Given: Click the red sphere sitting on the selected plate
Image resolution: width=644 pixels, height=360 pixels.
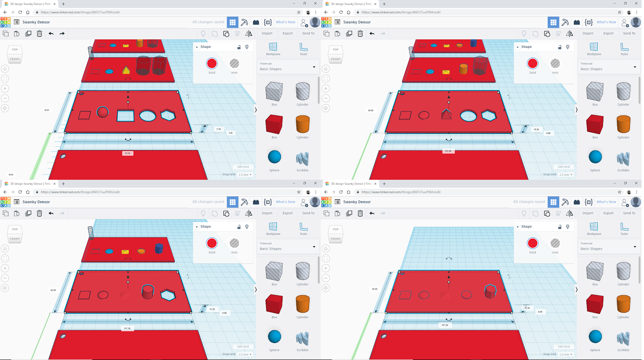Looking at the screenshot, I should tap(103, 112).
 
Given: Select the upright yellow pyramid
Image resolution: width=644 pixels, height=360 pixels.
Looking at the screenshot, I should tap(126, 70).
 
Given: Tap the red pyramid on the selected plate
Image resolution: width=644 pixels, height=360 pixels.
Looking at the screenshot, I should tap(446, 115).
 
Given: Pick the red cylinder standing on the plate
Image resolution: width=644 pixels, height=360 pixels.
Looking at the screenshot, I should tap(148, 292).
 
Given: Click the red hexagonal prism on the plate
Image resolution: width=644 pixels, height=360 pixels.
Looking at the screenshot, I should tap(490, 291).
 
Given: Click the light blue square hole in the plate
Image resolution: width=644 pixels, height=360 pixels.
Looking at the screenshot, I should tap(125, 115).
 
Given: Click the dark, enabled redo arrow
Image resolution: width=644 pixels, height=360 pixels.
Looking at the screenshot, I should tap(62, 33).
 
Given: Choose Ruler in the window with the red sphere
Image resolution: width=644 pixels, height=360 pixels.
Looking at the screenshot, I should tap(303, 49).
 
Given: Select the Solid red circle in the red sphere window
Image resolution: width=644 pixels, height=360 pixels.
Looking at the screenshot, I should tap(212, 64).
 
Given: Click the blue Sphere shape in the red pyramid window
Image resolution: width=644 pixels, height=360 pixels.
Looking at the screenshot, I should tap(595, 157).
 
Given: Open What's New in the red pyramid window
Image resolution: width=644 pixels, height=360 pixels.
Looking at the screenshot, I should tap(606, 22).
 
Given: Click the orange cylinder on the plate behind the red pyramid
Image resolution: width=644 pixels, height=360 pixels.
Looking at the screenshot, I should tap(463, 69).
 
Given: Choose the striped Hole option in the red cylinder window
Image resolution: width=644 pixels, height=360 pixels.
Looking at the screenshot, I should tap(234, 243).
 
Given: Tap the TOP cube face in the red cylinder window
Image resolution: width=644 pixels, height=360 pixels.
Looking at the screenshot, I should tap(15, 229).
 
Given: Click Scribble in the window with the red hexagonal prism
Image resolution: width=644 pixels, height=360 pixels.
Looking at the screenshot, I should tap(623, 339).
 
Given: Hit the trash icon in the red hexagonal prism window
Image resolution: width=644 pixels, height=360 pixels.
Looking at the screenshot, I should tap(360, 213).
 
